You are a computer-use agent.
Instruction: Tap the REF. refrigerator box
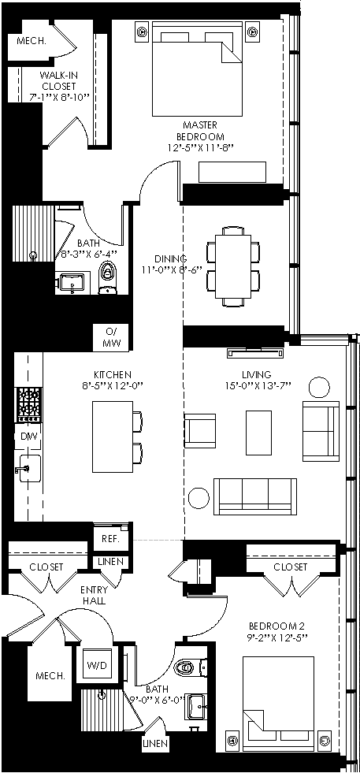(x=111, y=538)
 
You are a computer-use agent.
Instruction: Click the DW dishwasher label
(x=28, y=437)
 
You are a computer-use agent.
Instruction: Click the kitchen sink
(x=28, y=468)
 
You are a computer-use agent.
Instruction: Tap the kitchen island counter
(x=113, y=437)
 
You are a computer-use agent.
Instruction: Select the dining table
(x=233, y=266)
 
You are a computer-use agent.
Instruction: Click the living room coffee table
(x=259, y=433)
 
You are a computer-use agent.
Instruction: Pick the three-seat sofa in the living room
(x=255, y=496)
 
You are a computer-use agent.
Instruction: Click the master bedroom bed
(x=197, y=69)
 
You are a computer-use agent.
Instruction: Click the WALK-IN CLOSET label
(x=58, y=80)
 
